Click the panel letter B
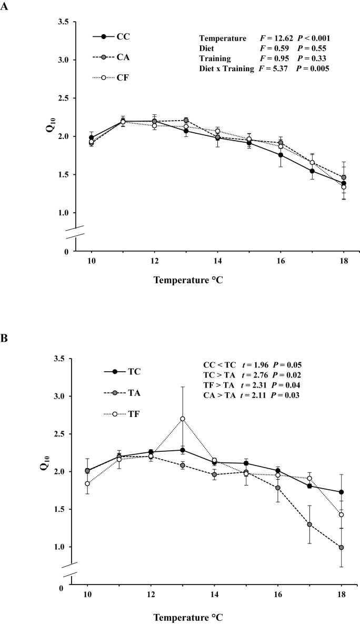tap(4, 340)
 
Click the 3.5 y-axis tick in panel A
tap(62, 22)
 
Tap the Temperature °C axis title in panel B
tap(187, 616)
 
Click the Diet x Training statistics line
tap(264, 68)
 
